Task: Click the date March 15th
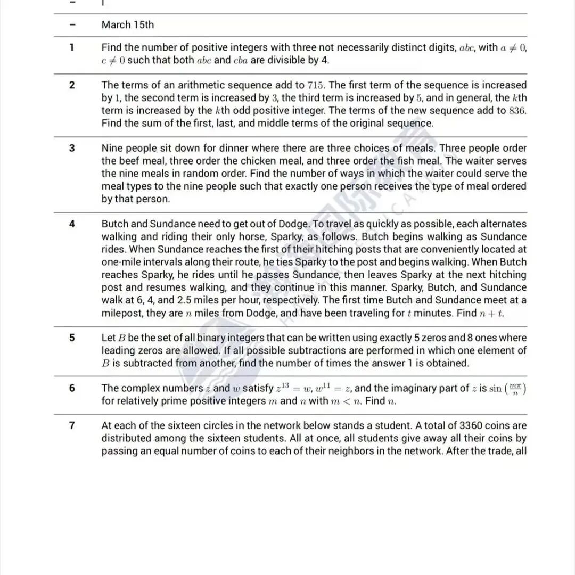click(127, 25)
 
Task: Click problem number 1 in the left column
click(72, 47)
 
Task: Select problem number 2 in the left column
click(72, 85)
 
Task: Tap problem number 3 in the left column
click(72, 148)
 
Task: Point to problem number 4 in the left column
click(72, 224)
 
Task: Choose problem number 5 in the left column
click(72, 338)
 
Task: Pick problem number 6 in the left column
click(72, 388)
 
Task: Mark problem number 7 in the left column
click(72, 425)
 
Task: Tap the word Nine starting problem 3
click(112, 148)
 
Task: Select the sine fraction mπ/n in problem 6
click(514, 389)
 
